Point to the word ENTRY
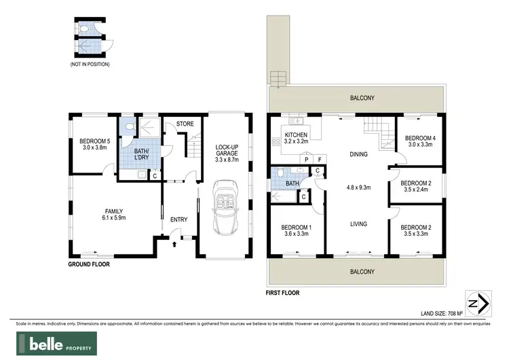(179, 219)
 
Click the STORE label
(185, 124)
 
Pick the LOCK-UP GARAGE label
(227, 150)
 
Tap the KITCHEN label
(297, 135)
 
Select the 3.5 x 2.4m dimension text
(415, 190)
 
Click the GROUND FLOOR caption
(91, 264)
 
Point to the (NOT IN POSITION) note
(90, 64)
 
